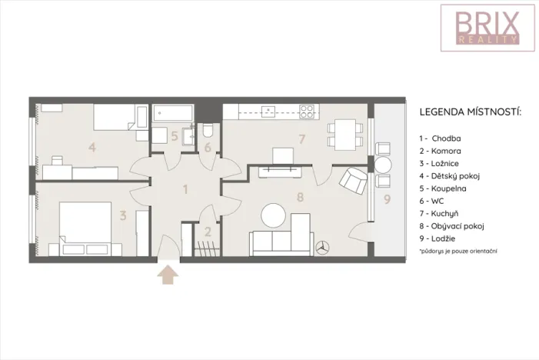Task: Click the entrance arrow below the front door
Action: (x=167, y=275)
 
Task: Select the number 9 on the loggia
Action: (x=387, y=199)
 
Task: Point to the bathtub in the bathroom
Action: (x=174, y=114)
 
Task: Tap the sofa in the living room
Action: (x=281, y=242)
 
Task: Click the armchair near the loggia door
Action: (x=354, y=180)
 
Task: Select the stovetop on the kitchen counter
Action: (x=306, y=112)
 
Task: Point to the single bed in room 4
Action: (x=115, y=118)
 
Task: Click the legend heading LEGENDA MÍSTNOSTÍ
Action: (x=470, y=112)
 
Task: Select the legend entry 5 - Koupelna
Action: (x=448, y=188)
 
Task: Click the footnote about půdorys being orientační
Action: (x=459, y=252)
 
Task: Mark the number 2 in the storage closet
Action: (x=207, y=231)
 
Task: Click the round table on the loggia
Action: (x=383, y=164)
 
